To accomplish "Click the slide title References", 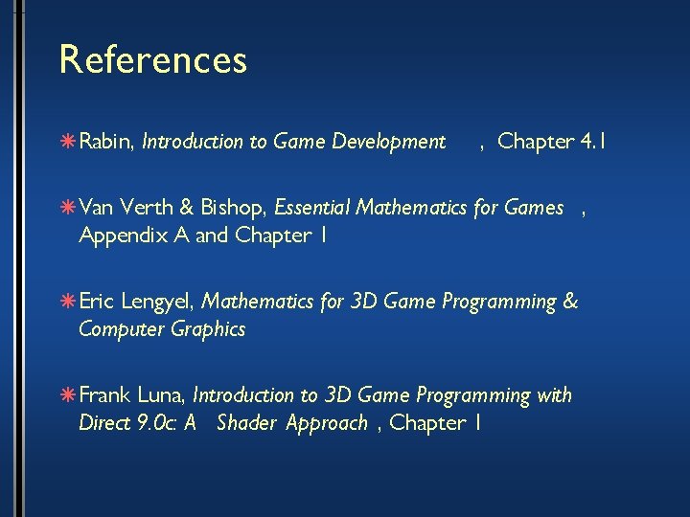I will (153, 59).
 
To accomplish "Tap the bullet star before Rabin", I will (70, 143).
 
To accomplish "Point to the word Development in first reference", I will (388, 143).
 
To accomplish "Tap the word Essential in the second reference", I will (314, 207).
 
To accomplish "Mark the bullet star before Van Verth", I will (70, 207).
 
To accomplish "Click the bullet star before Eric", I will (70, 303).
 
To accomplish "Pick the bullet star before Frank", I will (70, 395).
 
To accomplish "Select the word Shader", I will (245, 422).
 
